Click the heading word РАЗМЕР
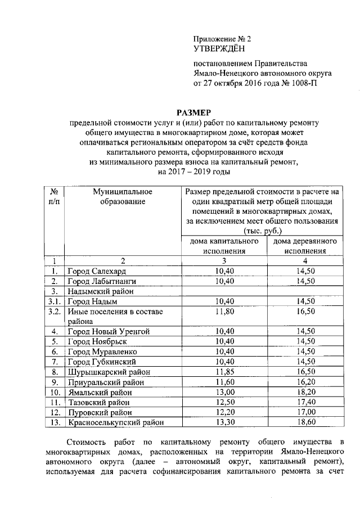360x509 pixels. pyautogui.click(x=193, y=112)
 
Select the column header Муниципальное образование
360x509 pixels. pyautogui.click(x=123, y=197)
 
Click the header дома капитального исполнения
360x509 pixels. pyautogui.click(x=224, y=246)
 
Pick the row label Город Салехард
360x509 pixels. pyautogui.click(x=93, y=271)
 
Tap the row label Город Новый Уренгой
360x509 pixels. pyautogui.click(x=109, y=332)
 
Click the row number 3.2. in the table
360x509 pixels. pyautogui.click(x=55, y=312)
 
